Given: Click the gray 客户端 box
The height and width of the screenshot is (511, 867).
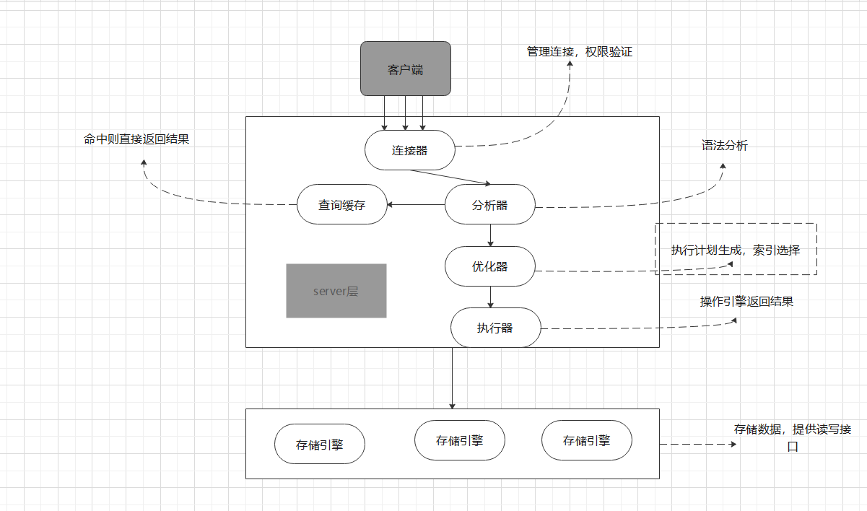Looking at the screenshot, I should click(406, 69).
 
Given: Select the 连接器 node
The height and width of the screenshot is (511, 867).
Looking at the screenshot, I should click(410, 150).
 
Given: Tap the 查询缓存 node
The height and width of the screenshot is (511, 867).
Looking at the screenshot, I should click(342, 205).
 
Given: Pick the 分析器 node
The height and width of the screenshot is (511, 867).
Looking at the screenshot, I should click(490, 205).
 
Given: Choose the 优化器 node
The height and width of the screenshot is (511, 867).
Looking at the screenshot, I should click(490, 266).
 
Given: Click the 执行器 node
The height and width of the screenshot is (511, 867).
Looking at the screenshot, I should click(495, 328).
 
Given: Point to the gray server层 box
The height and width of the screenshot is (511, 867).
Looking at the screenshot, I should click(336, 291).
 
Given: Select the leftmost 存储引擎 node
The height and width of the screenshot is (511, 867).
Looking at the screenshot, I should click(319, 445).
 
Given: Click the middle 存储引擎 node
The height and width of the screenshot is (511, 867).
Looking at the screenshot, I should click(460, 440).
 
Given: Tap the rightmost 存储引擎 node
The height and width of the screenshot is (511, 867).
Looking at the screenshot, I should click(587, 440).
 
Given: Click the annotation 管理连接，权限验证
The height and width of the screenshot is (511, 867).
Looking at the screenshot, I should click(579, 52).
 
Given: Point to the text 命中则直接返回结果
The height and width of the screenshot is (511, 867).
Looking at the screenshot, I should click(136, 139).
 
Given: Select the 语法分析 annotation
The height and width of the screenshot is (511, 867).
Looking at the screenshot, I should click(725, 145).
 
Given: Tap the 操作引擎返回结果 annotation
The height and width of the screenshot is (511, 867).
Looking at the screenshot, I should click(746, 302).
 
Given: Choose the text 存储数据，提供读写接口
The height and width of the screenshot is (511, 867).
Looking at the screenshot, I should click(793, 437).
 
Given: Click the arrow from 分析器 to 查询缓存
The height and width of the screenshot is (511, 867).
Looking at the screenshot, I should click(416, 205).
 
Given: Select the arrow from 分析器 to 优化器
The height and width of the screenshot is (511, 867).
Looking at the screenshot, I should click(490, 235).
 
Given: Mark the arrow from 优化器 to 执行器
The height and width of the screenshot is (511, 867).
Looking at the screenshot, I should click(490, 297).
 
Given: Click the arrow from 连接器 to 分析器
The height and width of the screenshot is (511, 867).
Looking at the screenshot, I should click(451, 177).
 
